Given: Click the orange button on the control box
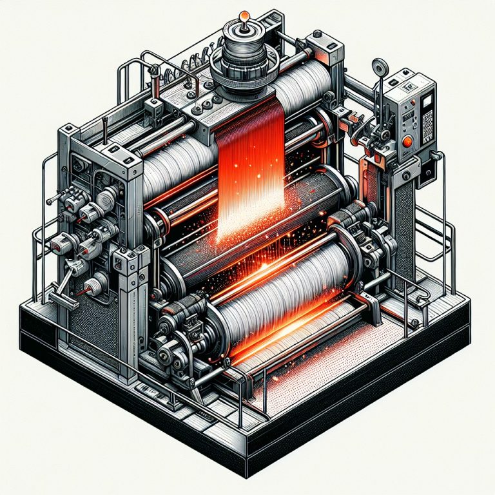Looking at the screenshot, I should [x=407, y=143].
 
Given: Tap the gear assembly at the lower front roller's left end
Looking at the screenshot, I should [x=177, y=335].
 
